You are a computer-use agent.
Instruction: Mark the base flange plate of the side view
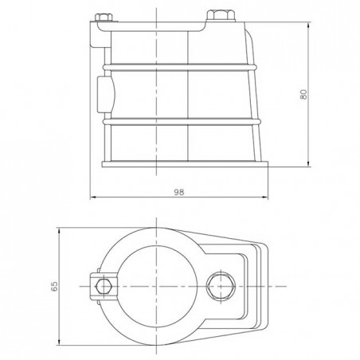(x=185, y=163)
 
